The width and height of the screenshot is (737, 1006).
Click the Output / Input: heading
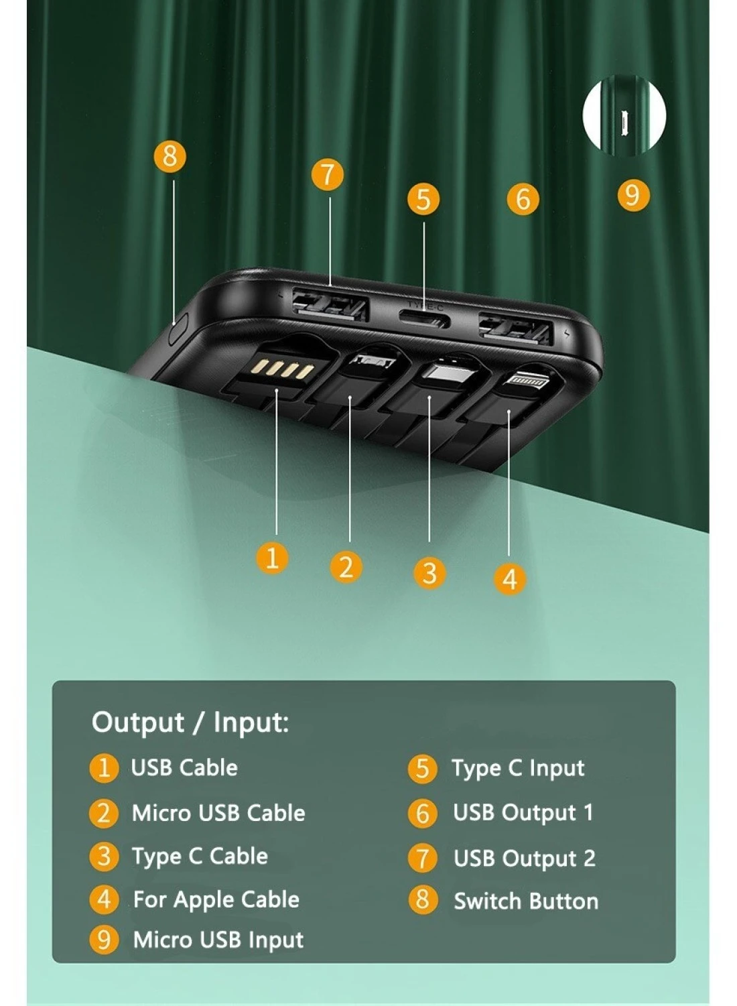tap(190, 723)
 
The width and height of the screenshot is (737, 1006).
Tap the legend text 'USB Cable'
tap(184, 768)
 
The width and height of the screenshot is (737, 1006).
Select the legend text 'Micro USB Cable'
tap(218, 813)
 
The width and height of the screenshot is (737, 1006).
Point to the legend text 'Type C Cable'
tap(200, 857)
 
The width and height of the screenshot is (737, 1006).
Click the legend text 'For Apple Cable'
tap(216, 899)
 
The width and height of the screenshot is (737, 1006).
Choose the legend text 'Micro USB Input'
tap(218, 940)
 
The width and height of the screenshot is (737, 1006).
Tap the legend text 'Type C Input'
tap(518, 768)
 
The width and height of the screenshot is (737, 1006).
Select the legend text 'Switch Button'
tap(526, 901)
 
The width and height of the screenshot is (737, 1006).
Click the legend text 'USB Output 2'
tap(524, 859)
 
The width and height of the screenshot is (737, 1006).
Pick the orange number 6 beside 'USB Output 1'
tap(422, 813)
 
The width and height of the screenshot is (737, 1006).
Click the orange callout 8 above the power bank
tap(170, 156)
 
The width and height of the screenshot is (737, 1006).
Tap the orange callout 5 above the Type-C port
tap(423, 199)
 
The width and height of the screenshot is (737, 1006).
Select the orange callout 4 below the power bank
tap(509, 579)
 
